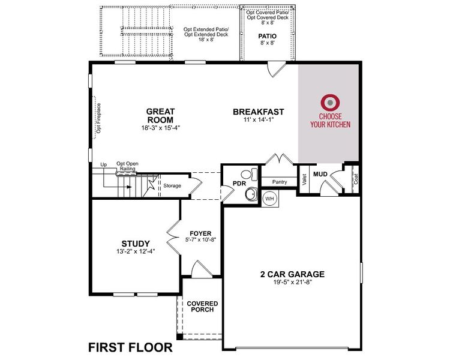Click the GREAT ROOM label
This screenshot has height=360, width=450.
[x=160, y=115]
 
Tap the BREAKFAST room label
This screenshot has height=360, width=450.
[x=258, y=112]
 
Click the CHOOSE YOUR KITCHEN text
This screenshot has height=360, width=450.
[x=330, y=121]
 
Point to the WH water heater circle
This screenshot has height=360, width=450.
[x=269, y=199]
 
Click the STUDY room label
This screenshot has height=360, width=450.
[x=136, y=244]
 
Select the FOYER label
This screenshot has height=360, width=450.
[x=200, y=233]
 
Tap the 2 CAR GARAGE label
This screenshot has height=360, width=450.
[x=292, y=274]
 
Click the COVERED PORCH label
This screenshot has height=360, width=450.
[x=202, y=308]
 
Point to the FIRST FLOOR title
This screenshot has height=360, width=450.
[x=131, y=347]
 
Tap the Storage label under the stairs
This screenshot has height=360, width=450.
[x=172, y=186]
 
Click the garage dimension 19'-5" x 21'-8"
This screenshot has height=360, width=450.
[x=292, y=283]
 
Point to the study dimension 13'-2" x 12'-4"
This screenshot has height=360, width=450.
[x=136, y=252]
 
